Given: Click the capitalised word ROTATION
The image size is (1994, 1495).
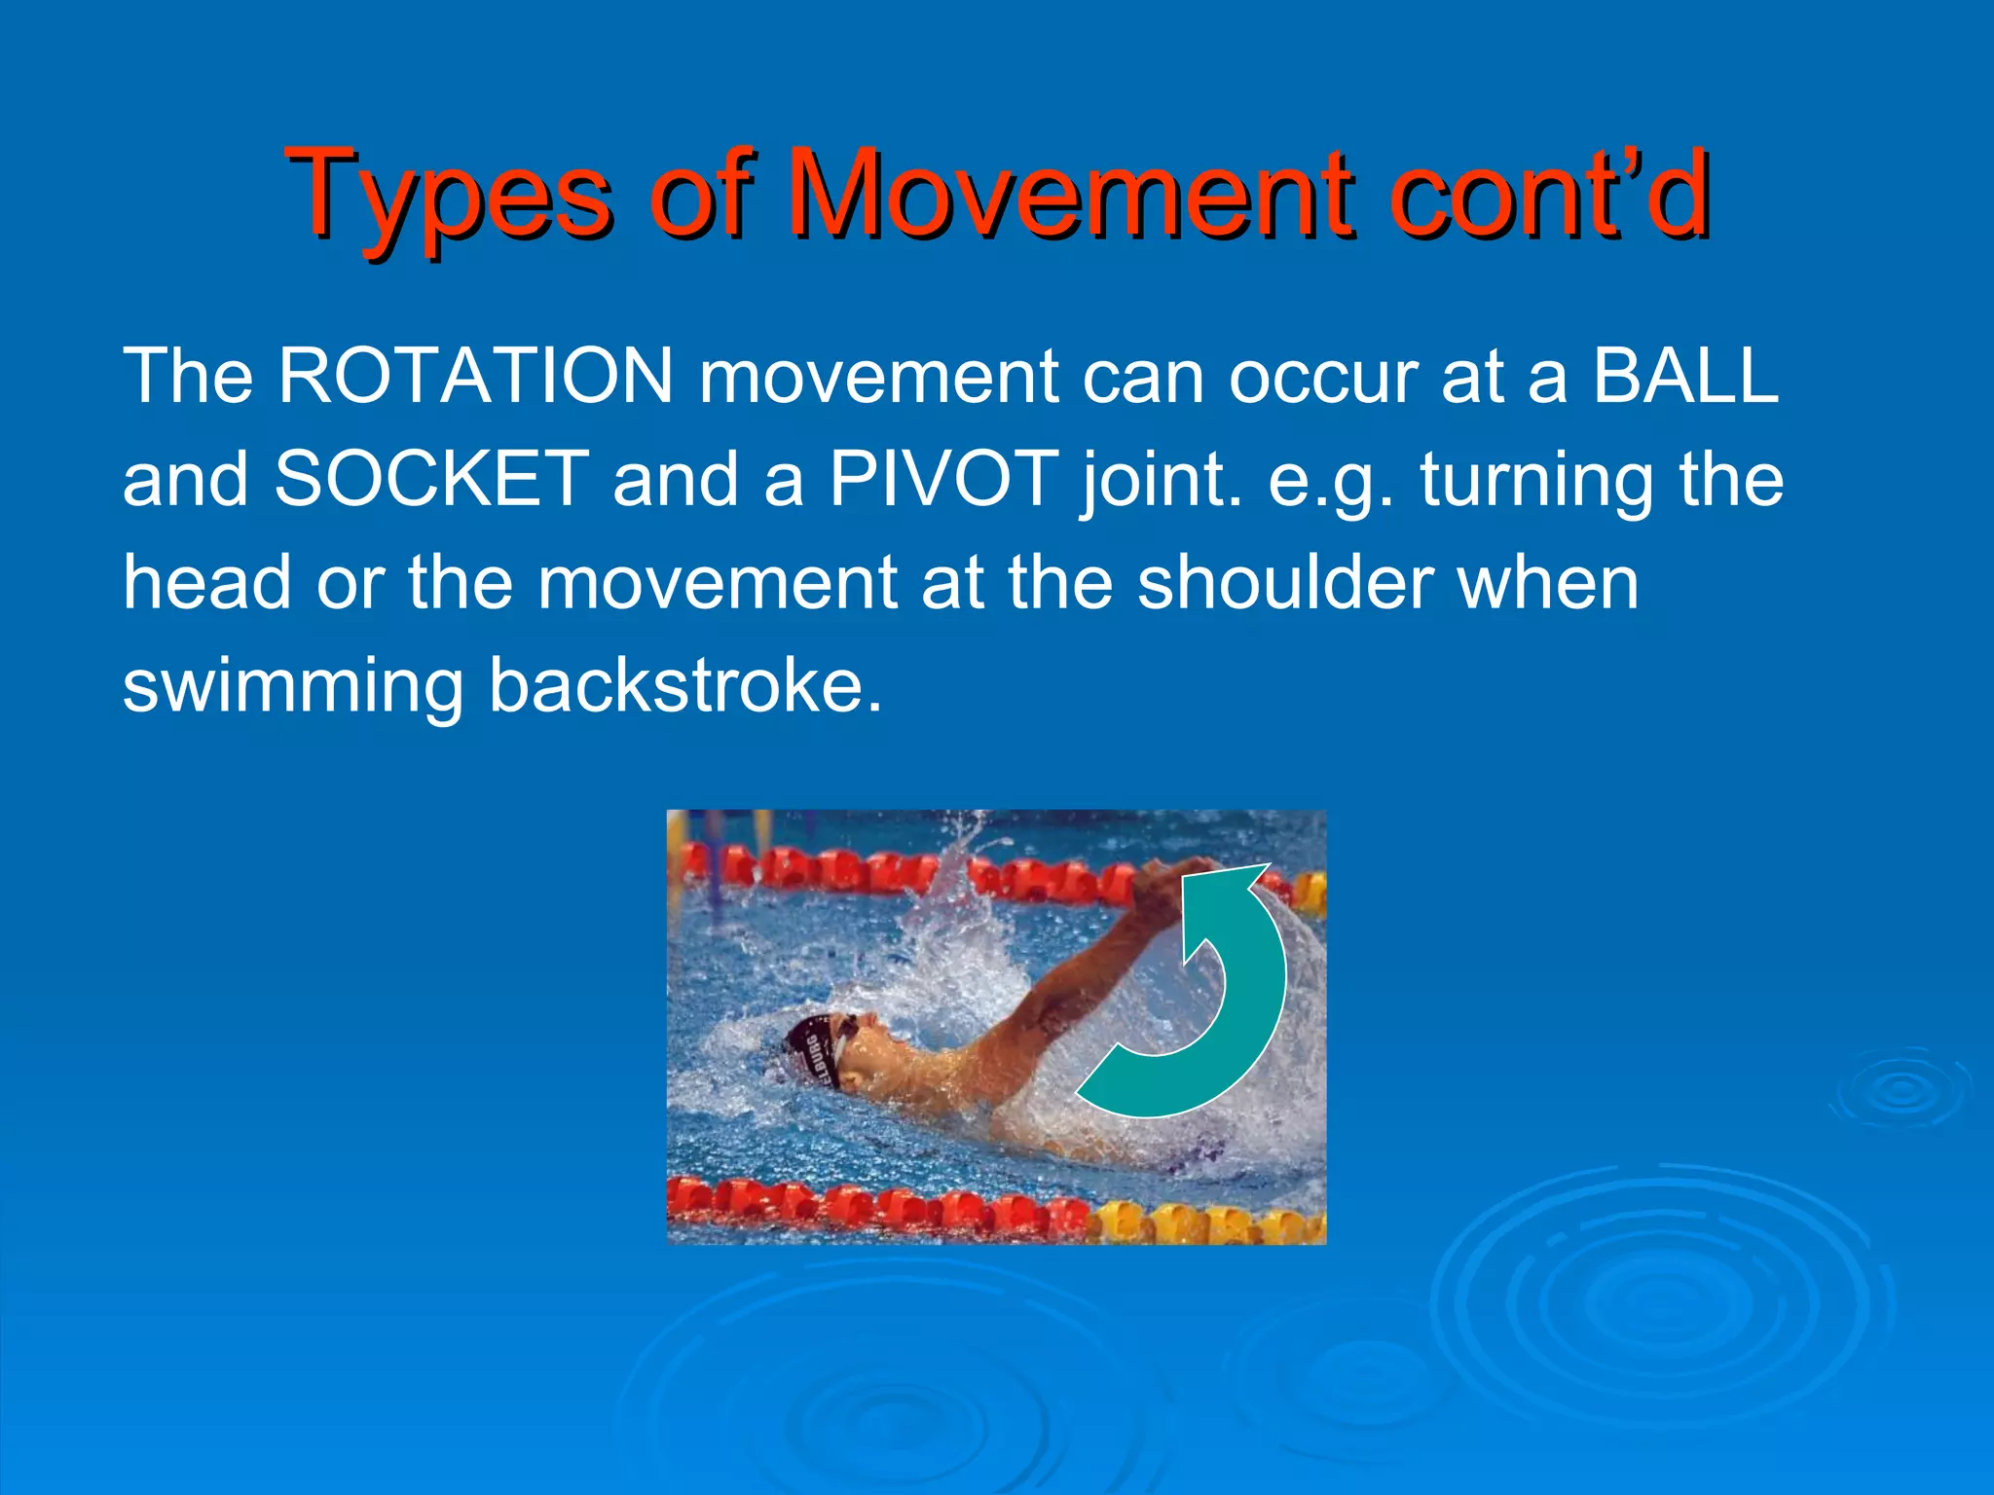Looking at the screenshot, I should [x=475, y=376].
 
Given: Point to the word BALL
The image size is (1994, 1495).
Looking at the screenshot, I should [x=1684, y=376].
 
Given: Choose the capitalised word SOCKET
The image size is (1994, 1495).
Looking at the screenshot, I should [x=431, y=479].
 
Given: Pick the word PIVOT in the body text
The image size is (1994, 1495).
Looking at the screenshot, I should [x=942, y=479].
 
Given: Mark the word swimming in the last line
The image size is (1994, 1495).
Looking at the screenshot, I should [x=292, y=687].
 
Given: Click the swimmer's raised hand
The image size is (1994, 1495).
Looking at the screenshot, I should [x=1168, y=881].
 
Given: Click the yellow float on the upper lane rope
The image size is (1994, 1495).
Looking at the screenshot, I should [x=1310, y=891].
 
